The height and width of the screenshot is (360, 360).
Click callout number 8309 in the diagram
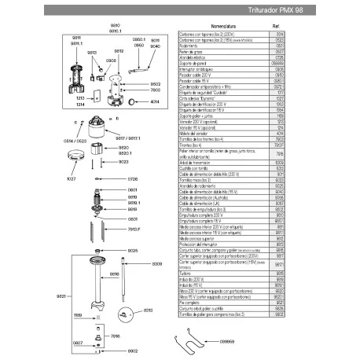(156, 263)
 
